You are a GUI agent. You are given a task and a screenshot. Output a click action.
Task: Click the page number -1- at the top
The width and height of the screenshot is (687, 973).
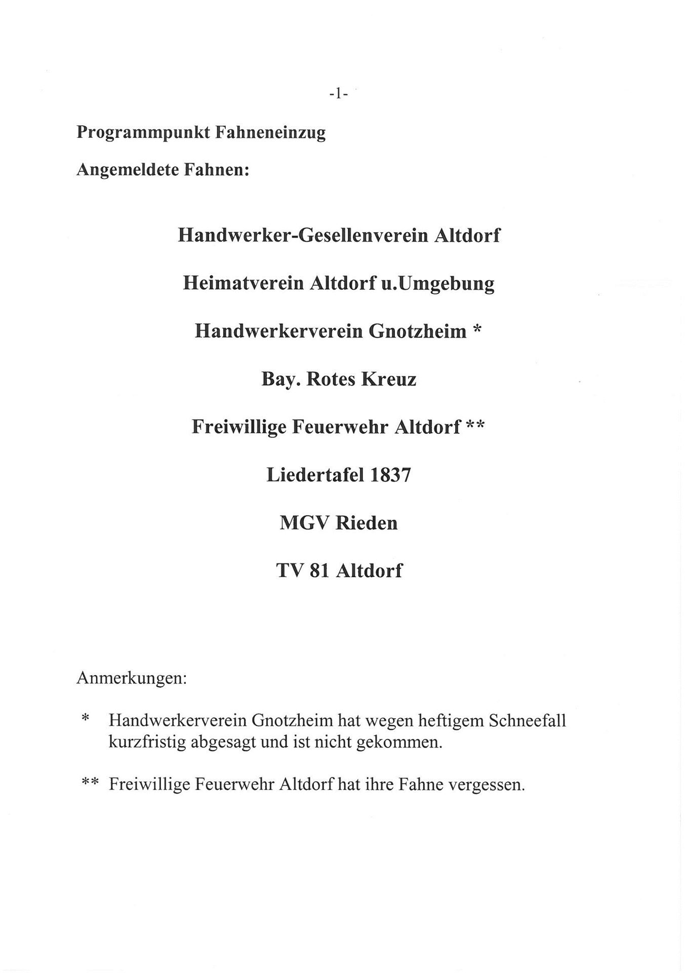pyautogui.click(x=338, y=94)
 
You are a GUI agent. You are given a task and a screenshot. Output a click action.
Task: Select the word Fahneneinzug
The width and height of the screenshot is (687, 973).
pyautogui.click(x=270, y=133)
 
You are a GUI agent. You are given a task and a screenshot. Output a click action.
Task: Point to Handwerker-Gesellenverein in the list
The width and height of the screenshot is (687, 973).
pyautogui.click(x=302, y=236)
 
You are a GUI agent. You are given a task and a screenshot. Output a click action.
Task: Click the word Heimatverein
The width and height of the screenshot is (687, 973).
pyautogui.click(x=243, y=283)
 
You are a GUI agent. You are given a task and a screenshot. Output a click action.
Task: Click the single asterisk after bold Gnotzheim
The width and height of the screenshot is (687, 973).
pyautogui.click(x=476, y=330)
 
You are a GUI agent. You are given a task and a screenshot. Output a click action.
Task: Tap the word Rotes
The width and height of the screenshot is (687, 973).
pyautogui.click(x=330, y=380)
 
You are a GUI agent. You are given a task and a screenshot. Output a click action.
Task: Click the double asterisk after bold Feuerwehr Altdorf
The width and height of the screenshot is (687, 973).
pyautogui.click(x=475, y=426)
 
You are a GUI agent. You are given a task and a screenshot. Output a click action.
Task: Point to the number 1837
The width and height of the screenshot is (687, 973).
pyautogui.click(x=390, y=475)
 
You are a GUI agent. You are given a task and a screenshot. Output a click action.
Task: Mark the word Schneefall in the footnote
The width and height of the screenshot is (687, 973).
pyautogui.click(x=527, y=720)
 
